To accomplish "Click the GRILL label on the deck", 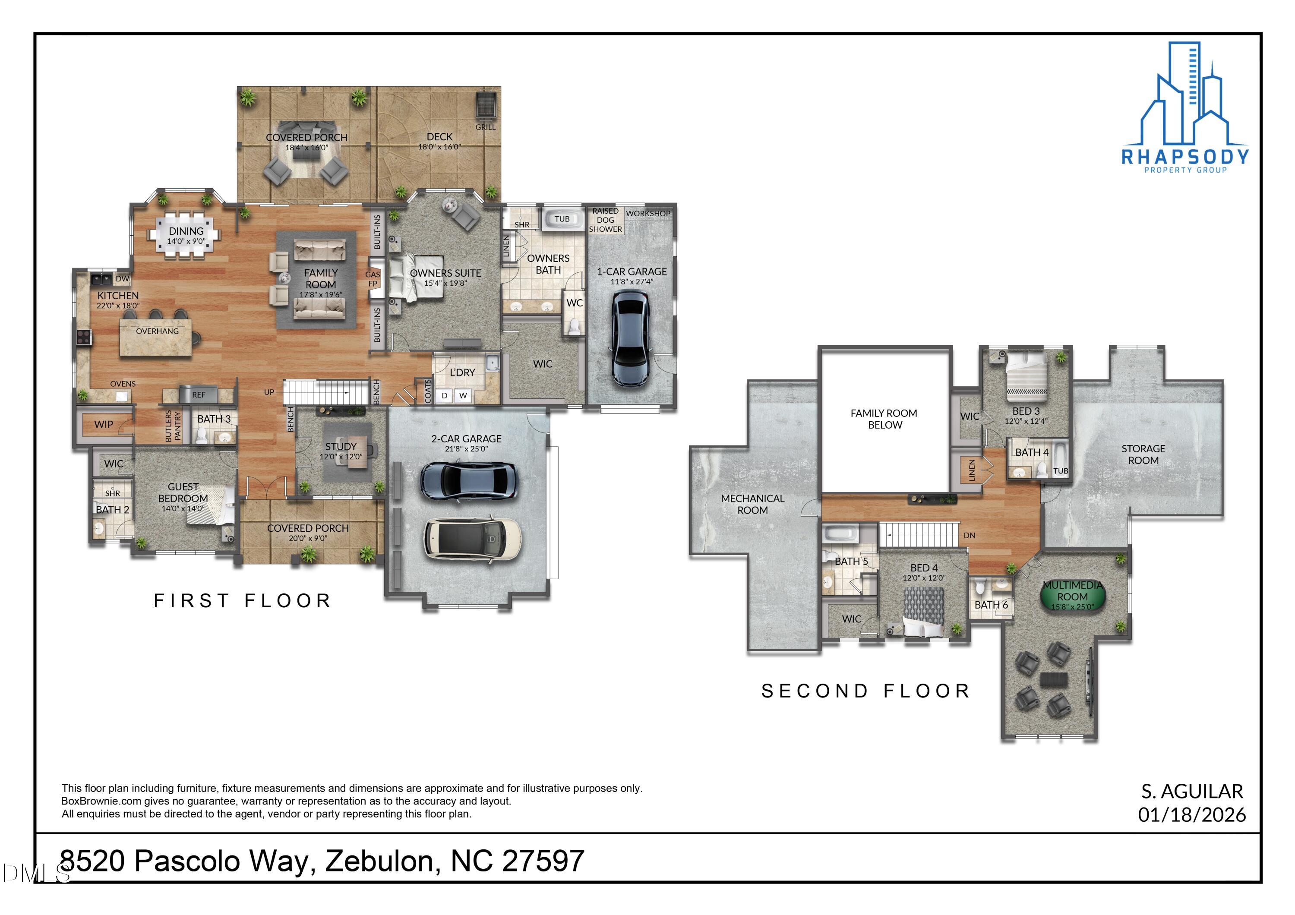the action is pos(485,127).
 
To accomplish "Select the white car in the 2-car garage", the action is pos(473,540).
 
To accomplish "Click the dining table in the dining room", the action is pos(186,235).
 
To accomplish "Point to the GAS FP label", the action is pos(372,278).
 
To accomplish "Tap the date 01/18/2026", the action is pos(1192,814).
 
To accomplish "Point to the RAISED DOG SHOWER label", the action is pos(605,220).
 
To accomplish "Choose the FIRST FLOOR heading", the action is pos(243,601).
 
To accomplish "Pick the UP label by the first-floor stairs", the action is pos(269,392).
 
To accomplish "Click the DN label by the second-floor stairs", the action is pos(969,535).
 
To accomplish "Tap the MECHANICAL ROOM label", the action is pos(752,504).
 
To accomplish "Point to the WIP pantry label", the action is pos(104,425).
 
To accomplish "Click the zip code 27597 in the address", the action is pos(543,861).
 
